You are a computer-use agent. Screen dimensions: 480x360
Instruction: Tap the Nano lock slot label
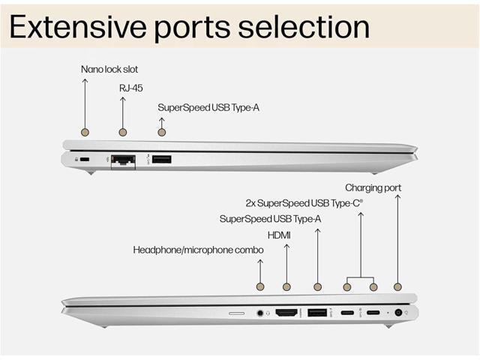coord(109,70)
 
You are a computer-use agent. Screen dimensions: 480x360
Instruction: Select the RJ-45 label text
coord(131,88)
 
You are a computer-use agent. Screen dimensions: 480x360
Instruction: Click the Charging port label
coord(373,188)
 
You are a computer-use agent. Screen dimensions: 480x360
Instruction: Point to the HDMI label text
coord(279,235)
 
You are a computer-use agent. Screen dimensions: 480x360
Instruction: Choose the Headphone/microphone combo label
coord(198,250)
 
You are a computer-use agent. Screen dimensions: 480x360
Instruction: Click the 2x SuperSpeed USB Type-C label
coord(304,203)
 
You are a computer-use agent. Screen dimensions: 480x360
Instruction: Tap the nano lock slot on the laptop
coord(85,159)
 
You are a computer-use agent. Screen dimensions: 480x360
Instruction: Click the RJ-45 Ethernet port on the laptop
coord(123,161)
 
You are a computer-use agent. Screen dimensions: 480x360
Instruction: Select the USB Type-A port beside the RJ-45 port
coord(162,159)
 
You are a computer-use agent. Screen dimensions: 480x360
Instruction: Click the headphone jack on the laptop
coord(260,313)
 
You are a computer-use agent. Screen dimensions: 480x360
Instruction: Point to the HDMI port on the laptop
coord(286,313)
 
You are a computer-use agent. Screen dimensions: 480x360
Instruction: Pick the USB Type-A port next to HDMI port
coord(317,313)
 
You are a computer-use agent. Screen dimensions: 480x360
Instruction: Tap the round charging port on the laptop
coord(398,313)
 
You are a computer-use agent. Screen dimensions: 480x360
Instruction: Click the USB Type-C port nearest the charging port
coord(373,313)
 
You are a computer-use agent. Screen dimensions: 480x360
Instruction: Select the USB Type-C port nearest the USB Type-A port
coord(347,313)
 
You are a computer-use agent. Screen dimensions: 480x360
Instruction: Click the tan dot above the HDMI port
coord(286,287)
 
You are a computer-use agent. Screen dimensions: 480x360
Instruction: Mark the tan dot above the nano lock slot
coord(85,132)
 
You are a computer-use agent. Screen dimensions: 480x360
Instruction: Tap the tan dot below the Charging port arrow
coord(397,287)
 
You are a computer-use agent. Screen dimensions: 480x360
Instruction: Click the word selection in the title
coord(304,27)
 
